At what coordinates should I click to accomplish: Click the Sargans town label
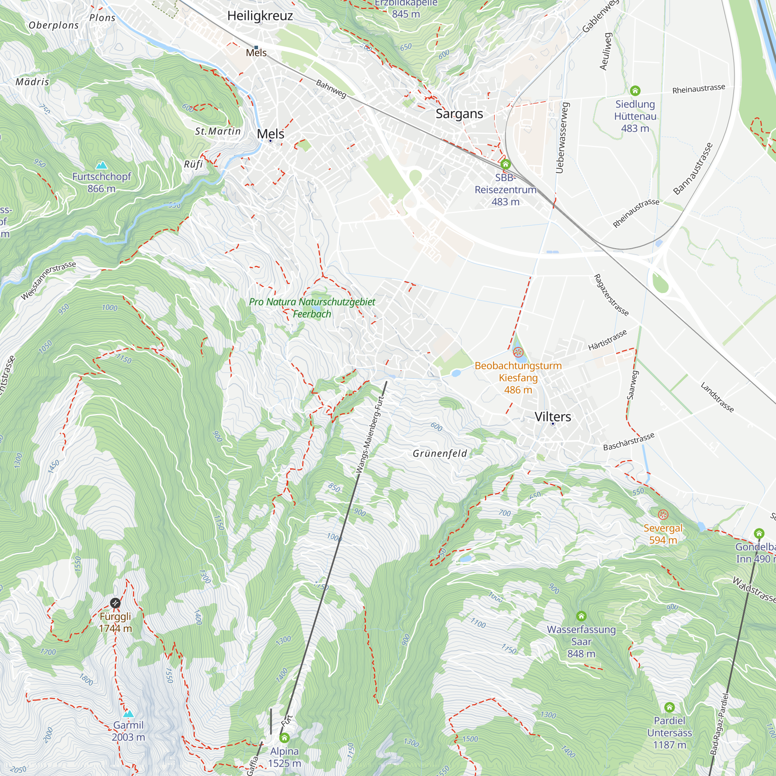(x=459, y=114)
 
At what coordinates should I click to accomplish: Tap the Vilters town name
(x=553, y=416)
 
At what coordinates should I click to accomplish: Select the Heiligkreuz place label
(x=260, y=16)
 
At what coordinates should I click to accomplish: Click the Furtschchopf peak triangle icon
(x=102, y=165)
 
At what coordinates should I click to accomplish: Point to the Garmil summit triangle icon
(x=128, y=714)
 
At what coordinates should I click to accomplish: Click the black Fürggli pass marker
(x=115, y=603)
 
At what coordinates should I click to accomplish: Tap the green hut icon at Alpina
(x=284, y=738)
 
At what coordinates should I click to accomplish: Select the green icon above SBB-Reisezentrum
(x=505, y=164)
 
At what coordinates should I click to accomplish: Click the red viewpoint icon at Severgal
(x=663, y=514)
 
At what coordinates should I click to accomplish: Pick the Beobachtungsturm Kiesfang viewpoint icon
(x=518, y=353)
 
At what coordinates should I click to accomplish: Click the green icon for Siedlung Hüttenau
(x=635, y=90)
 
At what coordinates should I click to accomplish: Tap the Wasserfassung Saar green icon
(x=581, y=616)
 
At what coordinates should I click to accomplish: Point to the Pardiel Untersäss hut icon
(x=669, y=707)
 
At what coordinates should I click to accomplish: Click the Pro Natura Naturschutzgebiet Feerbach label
(x=312, y=308)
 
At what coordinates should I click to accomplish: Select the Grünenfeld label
(x=440, y=454)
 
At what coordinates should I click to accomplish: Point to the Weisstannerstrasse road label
(x=48, y=280)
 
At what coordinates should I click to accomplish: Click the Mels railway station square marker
(x=256, y=47)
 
